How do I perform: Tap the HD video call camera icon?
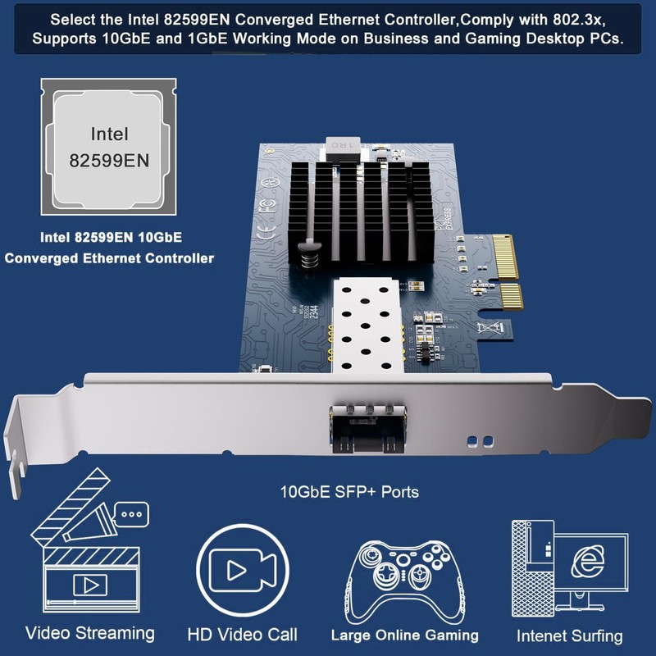coord(241,570)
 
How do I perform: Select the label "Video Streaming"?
coord(90,633)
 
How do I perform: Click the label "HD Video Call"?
coord(242,635)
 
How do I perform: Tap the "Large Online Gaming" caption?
coord(404,635)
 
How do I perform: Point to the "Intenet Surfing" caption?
coord(569,635)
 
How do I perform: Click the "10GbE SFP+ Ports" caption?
coord(349,492)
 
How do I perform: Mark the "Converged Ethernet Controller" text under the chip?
coord(109,257)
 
